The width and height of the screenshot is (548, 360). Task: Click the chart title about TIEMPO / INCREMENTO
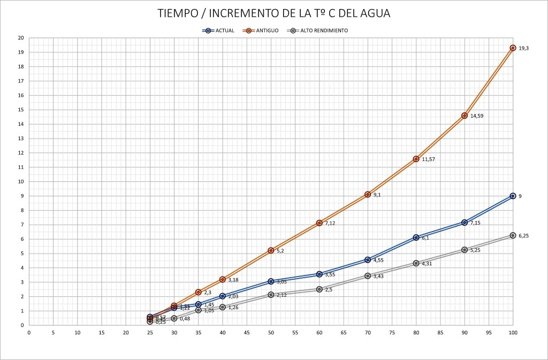pos(273,13)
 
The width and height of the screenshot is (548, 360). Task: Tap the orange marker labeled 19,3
pos(513,48)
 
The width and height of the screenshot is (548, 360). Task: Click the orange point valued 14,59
pos(465,116)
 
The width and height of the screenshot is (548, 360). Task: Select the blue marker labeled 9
pos(513,196)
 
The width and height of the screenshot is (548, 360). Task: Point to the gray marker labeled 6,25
pos(513,235)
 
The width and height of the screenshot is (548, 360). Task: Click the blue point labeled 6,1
pos(416,238)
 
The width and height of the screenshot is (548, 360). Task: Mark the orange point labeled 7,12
pos(319,223)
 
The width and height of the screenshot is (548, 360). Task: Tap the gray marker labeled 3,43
pos(368,276)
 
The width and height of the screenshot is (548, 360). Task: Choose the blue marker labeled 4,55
pos(368,260)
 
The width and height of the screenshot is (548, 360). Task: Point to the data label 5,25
pos(476,250)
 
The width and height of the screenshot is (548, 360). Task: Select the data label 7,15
pos(476,223)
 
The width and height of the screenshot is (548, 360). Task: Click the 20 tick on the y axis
pos(21,38)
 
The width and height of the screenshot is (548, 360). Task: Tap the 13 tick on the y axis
pos(21,139)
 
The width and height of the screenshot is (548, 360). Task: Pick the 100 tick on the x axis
pos(513,333)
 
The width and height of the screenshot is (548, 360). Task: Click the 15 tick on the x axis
pos(102,333)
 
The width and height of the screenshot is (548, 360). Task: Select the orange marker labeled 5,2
pos(271,250)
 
